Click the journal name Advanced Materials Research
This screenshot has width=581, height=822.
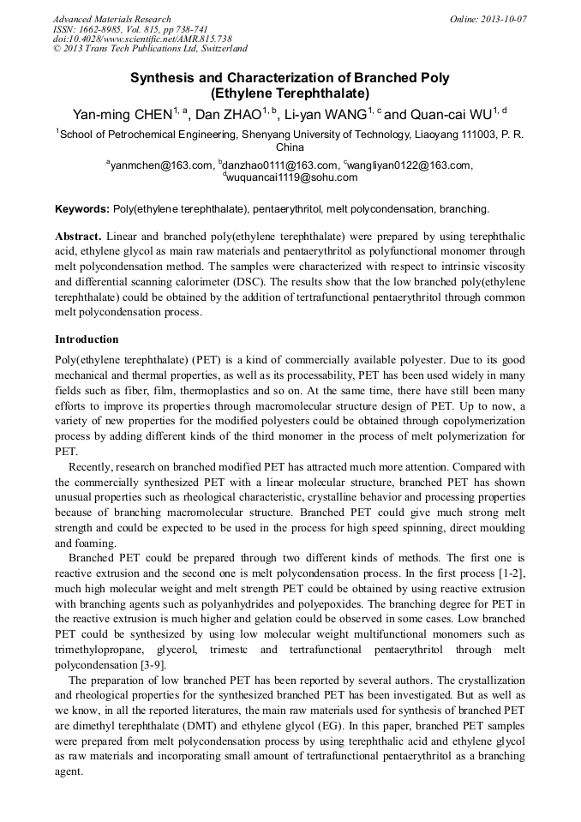[112, 19]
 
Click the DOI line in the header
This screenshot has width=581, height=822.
[142, 39]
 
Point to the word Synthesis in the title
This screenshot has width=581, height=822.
[160, 78]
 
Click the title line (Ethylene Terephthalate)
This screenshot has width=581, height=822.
[290, 93]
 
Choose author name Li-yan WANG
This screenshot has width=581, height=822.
[326, 113]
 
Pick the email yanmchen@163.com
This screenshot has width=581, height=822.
[162, 165]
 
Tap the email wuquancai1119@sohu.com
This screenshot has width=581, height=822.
[291, 177]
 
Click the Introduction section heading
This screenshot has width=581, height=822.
[87, 339]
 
